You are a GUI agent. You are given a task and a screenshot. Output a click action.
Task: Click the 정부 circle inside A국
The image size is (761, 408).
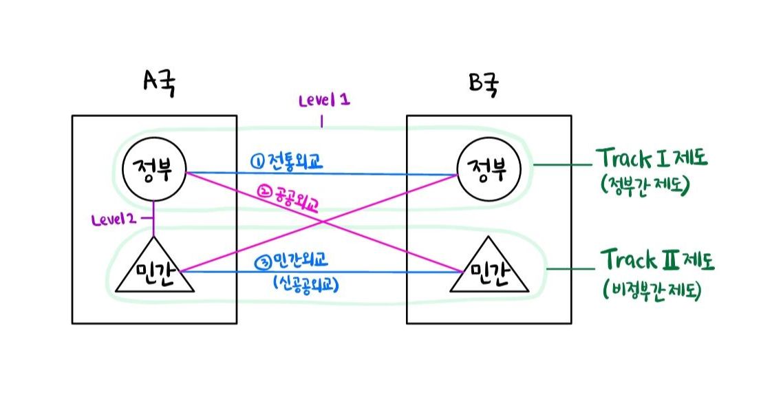pos(153,173)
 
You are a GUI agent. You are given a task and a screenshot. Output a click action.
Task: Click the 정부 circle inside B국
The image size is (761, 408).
pos(490,172)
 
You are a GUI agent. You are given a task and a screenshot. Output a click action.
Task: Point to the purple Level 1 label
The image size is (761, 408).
pos(323,100)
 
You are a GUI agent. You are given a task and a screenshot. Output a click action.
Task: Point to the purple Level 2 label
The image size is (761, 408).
pos(114,221)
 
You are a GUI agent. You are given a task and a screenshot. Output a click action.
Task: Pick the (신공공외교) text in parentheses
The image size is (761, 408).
pos(303,284)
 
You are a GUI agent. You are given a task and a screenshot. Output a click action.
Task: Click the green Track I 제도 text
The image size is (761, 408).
pos(651,160)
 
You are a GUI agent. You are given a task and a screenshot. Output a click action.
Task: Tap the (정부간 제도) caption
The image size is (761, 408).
pos(644,185)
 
